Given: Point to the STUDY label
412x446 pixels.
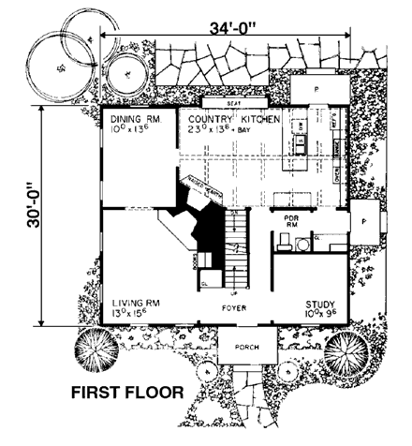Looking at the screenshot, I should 321,305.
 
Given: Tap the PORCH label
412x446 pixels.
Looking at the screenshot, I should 248,342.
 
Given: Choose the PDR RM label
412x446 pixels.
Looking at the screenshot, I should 290,221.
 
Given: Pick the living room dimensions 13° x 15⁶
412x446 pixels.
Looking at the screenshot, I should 130,314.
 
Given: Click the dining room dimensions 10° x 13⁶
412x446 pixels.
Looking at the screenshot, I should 129,131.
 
